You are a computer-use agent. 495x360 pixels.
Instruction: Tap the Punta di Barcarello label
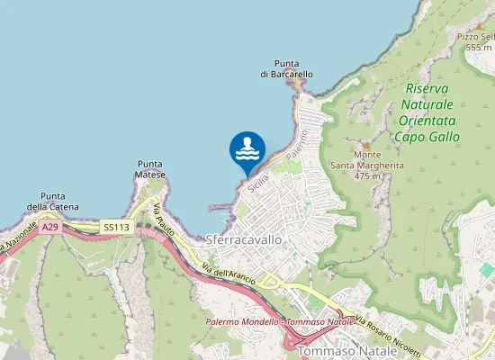tap(287, 68)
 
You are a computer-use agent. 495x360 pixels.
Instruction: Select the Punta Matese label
tap(150, 169)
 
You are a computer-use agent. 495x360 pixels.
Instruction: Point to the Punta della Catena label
tap(52, 202)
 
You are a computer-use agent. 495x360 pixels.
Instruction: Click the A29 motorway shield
tap(50, 228)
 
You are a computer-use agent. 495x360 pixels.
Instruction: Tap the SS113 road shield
tap(116, 228)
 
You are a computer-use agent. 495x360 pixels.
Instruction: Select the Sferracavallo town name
tap(244, 240)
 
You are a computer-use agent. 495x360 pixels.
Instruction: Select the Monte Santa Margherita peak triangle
tap(365, 146)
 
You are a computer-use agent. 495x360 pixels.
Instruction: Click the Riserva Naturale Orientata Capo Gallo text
tap(427, 112)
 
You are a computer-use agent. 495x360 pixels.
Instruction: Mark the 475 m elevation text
tap(367, 176)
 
